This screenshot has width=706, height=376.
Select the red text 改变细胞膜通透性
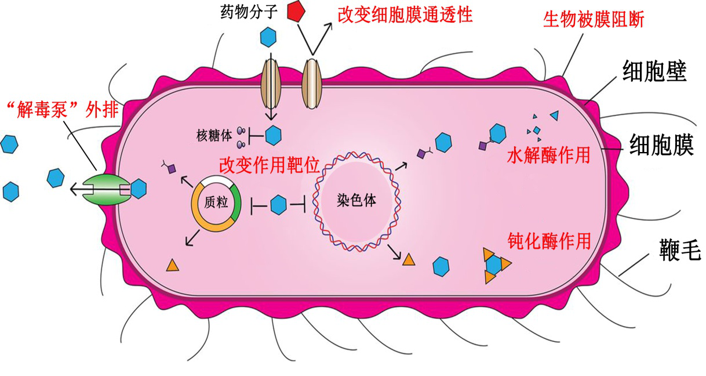[x=405, y=14]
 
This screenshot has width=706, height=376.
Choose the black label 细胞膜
[x=661, y=146]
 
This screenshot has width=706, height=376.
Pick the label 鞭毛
[x=679, y=251]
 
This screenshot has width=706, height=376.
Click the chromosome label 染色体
[x=355, y=200]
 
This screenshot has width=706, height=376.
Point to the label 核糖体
[x=214, y=135]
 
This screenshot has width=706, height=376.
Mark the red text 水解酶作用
[x=548, y=156]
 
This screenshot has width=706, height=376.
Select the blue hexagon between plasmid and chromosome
[x=279, y=204]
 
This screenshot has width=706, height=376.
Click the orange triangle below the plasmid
[x=173, y=266]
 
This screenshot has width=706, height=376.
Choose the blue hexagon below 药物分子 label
[x=268, y=37]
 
